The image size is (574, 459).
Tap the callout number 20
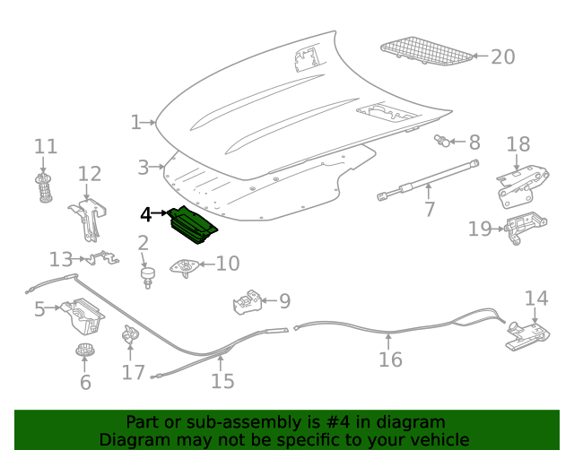502,56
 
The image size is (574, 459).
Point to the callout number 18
518,144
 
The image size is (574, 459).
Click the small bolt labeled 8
442,141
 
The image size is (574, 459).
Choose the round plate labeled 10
186,265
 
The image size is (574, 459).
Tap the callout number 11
45,147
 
